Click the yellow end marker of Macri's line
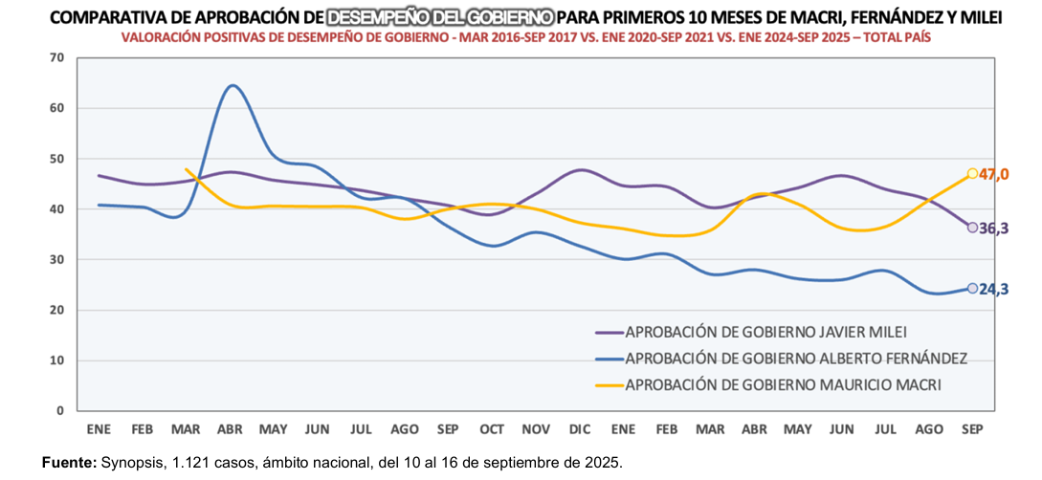tap(972, 173)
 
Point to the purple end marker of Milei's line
tap(972, 228)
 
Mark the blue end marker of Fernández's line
tap(972, 288)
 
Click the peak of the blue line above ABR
tap(233, 86)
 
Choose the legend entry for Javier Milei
tap(765, 333)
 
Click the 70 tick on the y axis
tap(55, 57)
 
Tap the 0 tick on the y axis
tap(59, 411)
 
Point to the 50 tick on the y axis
tap(55, 159)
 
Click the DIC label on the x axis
tap(579, 426)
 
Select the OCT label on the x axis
tap(492, 426)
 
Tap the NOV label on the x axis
tap(535, 426)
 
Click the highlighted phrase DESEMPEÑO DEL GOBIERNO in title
tap(439, 17)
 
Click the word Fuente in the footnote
tap(69, 463)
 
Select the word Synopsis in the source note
tap(132, 463)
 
